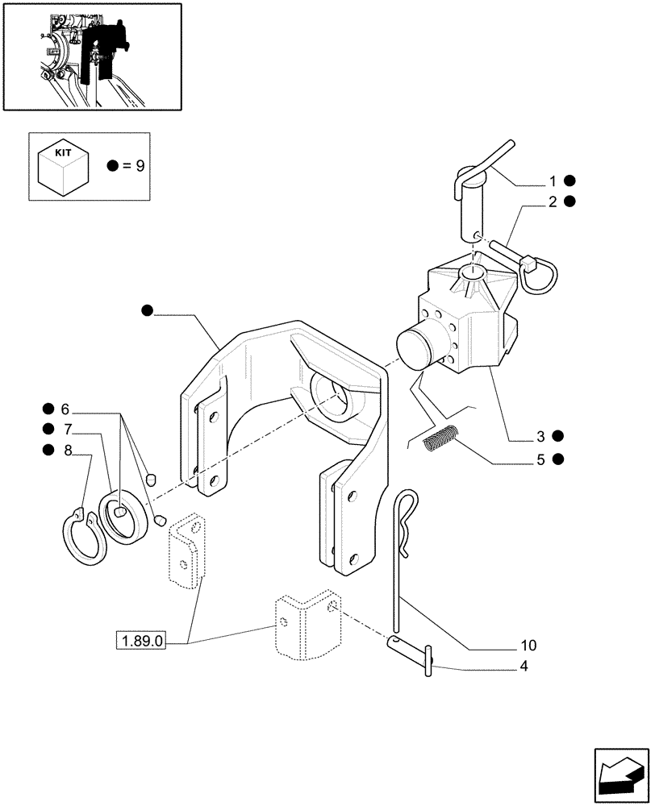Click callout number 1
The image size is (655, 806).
pyautogui.click(x=553, y=181)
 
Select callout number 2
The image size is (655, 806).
pyautogui.click(x=553, y=201)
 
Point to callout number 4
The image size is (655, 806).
pyautogui.click(x=525, y=667)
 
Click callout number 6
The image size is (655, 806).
pyautogui.click(x=65, y=408)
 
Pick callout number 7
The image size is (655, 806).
pyautogui.click(x=68, y=429)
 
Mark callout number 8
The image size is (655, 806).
pyautogui.click(x=68, y=450)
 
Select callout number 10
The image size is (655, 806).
pyautogui.click(x=528, y=646)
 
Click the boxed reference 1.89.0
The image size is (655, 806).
pyautogui.click(x=142, y=642)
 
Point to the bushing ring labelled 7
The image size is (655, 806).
pyautogui.click(x=124, y=517)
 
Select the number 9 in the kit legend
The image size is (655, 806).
pyautogui.click(x=140, y=167)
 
